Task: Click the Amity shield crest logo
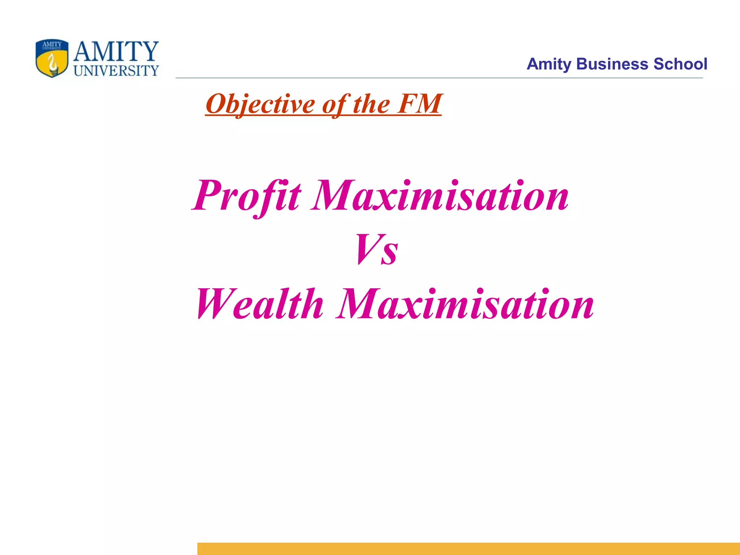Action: pyautogui.click(x=52, y=58)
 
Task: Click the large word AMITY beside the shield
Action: pyautogui.click(x=116, y=51)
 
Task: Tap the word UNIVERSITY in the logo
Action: pyautogui.click(x=116, y=71)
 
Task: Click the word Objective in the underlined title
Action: pyautogui.click(x=260, y=104)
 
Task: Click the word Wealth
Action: pyautogui.click(x=259, y=304)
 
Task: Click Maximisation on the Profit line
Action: pyautogui.click(x=440, y=196)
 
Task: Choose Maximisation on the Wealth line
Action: pyautogui.click(x=465, y=304)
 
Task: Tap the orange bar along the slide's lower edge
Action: pyautogui.click(x=468, y=548)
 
